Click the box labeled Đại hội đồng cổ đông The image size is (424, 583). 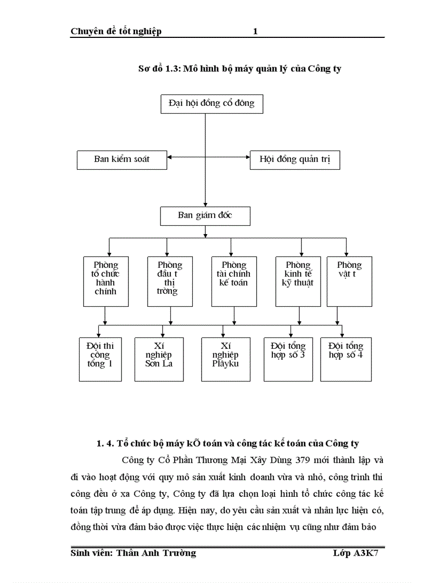click(x=211, y=103)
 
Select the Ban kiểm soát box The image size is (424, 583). click(x=122, y=159)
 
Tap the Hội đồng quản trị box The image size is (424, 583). click(x=295, y=159)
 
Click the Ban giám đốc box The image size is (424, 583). click(x=206, y=215)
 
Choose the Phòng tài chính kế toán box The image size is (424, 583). click(x=234, y=281)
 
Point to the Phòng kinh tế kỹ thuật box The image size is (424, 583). click(x=298, y=281)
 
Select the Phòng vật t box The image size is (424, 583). click(x=349, y=281)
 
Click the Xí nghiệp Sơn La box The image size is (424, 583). click(x=159, y=359)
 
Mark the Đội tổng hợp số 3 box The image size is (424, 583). click(x=288, y=359)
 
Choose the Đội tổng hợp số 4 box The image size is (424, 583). click(x=346, y=359)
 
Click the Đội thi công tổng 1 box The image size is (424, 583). click(x=100, y=359)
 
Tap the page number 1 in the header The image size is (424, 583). click(x=255, y=32)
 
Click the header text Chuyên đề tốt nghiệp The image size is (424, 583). click(x=116, y=32)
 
